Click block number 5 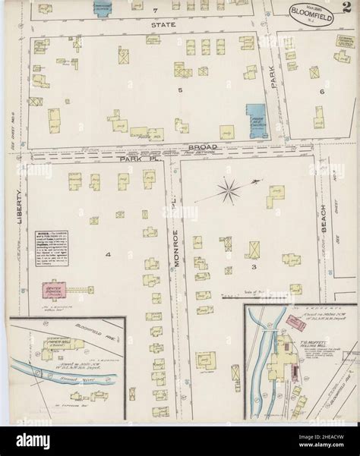(x=180, y=90)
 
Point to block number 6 (x=322, y=91)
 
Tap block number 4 (x=109, y=254)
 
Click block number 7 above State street (x=153, y=11)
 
